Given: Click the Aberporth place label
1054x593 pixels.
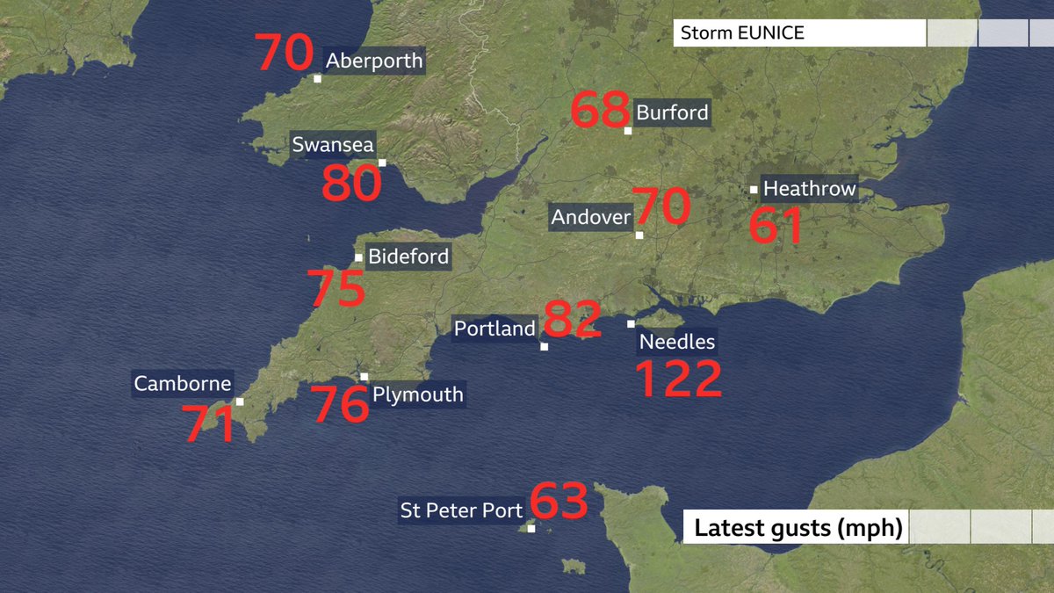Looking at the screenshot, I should coord(374,61).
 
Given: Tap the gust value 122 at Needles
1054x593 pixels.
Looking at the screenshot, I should coord(677,379).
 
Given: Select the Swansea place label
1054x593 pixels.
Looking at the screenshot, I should coord(333,145).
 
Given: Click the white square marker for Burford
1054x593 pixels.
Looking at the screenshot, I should coord(628,131).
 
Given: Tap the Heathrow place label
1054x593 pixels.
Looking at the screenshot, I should coord(809,189).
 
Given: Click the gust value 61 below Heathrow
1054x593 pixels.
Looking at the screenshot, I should coord(776,226).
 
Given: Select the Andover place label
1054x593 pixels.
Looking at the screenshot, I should coord(591,217).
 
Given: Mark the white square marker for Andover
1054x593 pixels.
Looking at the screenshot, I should coord(639,235).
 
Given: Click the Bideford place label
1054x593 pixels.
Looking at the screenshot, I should coord(408,257).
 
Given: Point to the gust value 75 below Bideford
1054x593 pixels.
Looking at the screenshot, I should coord(336,289).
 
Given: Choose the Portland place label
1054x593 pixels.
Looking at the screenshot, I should coord(495,329).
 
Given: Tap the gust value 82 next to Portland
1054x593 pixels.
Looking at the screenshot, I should coord(573,320).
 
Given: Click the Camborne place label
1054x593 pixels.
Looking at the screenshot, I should coord(183,384).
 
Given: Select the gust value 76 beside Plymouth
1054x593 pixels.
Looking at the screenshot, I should coord(342,405).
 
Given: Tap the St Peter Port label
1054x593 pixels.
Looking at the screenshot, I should coord(462,510).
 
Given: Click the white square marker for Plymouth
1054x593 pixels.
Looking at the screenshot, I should coord(365,377).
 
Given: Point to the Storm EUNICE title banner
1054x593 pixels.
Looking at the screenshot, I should coord(799,34).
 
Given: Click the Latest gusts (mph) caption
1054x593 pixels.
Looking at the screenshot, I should coord(798,529).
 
